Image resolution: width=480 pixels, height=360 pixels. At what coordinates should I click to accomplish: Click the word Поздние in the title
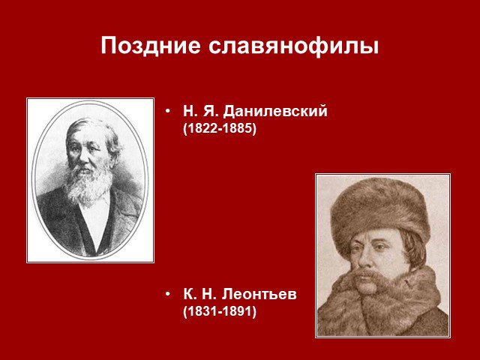pos(150,45)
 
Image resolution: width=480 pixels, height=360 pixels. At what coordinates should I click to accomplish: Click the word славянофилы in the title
pos(293,45)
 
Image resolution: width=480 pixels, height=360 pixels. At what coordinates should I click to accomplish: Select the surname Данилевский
pos(275,112)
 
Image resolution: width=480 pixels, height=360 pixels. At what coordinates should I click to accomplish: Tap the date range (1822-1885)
pos(219,128)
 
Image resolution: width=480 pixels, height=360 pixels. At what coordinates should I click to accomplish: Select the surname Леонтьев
pos(259,295)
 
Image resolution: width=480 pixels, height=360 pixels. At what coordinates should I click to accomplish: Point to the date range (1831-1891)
pos(219,312)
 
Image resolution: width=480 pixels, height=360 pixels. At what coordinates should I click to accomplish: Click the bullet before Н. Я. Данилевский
pos(167,111)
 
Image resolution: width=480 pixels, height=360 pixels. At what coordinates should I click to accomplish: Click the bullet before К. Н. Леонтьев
pos(167,294)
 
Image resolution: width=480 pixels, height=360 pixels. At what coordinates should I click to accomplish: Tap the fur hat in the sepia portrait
pos(380,211)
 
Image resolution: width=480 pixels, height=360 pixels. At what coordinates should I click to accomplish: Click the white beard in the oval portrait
pos(88,184)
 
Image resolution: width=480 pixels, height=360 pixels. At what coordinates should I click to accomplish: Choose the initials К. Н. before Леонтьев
pos(200,295)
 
